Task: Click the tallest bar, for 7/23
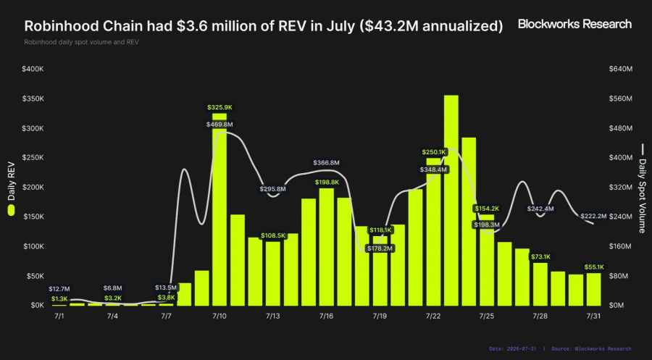pyautogui.click(x=451, y=201)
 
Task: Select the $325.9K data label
pyautogui.click(x=220, y=107)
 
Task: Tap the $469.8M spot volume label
pyautogui.click(x=220, y=125)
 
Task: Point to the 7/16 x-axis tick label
pyautogui.click(x=326, y=317)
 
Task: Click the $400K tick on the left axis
pyautogui.click(x=33, y=69)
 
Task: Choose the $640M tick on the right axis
pyautogui.click(x=620, y=69)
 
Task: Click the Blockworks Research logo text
pyautogui.click(x=574, y=24)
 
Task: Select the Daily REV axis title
pyautogui.click(x=11, y=181)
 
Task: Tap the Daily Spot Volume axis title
pyautogui.click(x=643, y=196)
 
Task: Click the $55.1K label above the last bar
pyautogui.click(x=594, y=267)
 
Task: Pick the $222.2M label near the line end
pyautogui.click(x=593, y=216)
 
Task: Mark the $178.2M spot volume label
pyautogui.click(x=380, y=248)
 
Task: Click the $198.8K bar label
pyautogui.click(x=327, y=182)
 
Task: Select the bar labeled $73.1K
pyautogui.click(x=540, y=285)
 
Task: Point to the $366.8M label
pyautogui.click(x=327, y=162)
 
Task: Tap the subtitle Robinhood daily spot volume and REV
pyautogui.click(x=81, y=43)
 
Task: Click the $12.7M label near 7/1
pyautogui.click(x=59, y=289)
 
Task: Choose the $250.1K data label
pyautogui.click(x=434, y=152)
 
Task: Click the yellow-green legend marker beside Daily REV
pyautogui.click(x=11, y=210)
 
